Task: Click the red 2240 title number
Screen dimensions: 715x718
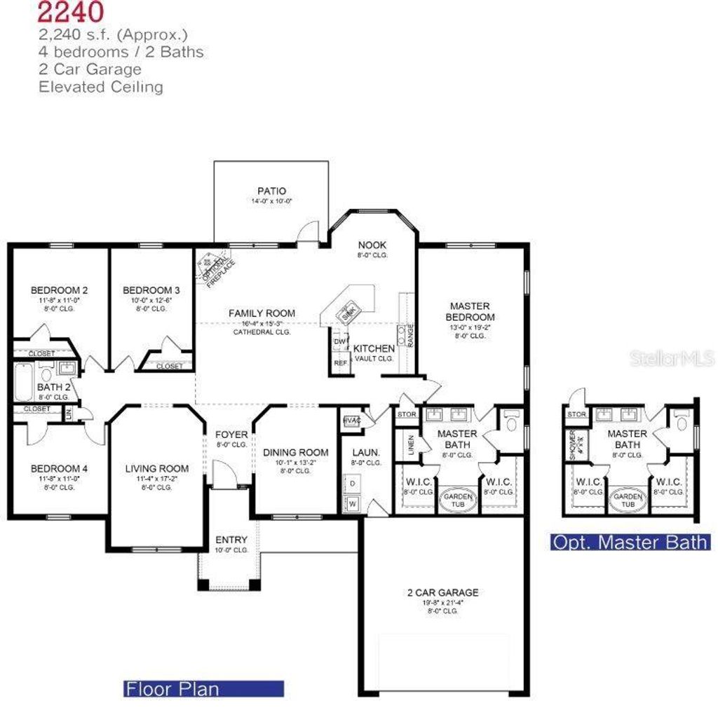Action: [71, 11]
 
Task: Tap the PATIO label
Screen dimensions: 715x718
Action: [271, 191]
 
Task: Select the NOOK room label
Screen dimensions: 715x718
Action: [372, 245]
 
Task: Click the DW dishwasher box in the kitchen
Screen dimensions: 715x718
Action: [339, 342]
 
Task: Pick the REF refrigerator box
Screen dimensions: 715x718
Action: [340, 363]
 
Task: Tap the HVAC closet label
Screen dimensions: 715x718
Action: [351, 421]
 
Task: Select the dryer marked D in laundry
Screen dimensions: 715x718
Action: [352, 484]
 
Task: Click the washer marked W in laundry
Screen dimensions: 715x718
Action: [352, 503]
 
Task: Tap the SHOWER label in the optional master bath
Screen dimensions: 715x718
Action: [575, 444]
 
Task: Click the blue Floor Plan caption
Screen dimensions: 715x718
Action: [203, 688]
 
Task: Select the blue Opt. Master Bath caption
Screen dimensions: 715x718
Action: [630, 542]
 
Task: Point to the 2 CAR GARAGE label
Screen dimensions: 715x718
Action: [443, 592]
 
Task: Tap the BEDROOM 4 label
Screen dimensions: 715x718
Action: [59, 468]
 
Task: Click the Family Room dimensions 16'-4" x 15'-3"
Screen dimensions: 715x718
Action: [262, 323]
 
